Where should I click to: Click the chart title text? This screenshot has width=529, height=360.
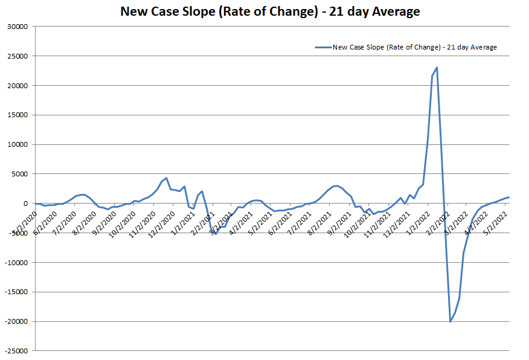(x=270, y=11)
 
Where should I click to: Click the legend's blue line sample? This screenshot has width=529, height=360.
(x=323, y=47)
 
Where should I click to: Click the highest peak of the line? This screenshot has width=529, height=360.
(x=437, y=68)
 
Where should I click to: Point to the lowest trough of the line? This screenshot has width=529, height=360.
(x=450, y=321)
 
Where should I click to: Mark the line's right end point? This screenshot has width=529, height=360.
(x=509, y=197)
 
